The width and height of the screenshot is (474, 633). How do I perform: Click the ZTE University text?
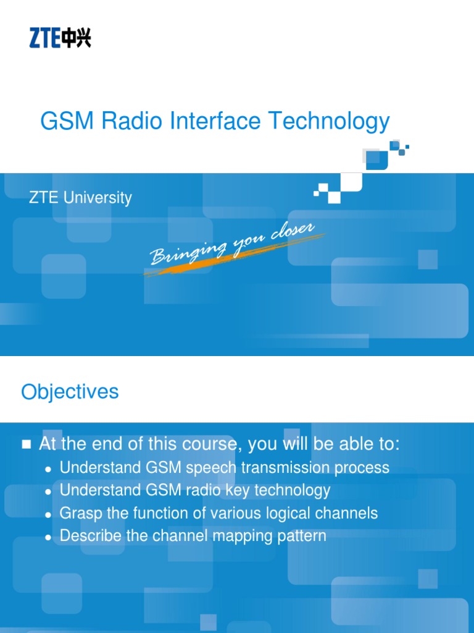pyautogui.click(x=80, y=198)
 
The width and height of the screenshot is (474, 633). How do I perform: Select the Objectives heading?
pyautogui.click(x=70, y=391)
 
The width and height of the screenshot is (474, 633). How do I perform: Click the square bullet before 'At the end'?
pyautogui.click(x=26, y=444)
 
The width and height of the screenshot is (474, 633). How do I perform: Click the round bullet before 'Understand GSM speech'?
pyautogui.click(x=48, y=469)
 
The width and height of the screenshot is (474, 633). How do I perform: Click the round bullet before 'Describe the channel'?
pyautogui.click(x=48, y=537)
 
